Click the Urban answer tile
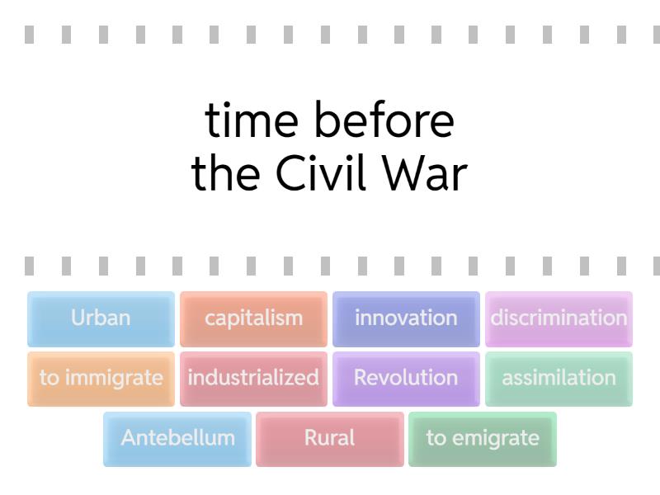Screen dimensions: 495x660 [x=101, y=318]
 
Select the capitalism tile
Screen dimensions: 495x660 [x=253, y=318]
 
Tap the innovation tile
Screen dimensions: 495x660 [x=406, y=318]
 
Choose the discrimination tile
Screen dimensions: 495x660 [x=559, y=318]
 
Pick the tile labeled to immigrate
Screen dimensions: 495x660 [x=101, y=379]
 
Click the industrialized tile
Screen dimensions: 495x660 [x=253, y=379]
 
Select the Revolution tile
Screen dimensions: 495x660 [x=406, y=379]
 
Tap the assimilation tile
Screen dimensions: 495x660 [x=559, y=379]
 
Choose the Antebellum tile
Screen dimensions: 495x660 [x=177, y=438]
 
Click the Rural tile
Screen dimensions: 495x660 [x=330, y=438]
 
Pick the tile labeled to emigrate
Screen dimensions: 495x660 [x=483, y=438]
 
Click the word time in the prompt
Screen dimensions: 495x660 [x=251, y=121]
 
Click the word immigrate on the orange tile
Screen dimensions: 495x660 [x=113, y=379]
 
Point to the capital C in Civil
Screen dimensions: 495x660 [x=290, y=174]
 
